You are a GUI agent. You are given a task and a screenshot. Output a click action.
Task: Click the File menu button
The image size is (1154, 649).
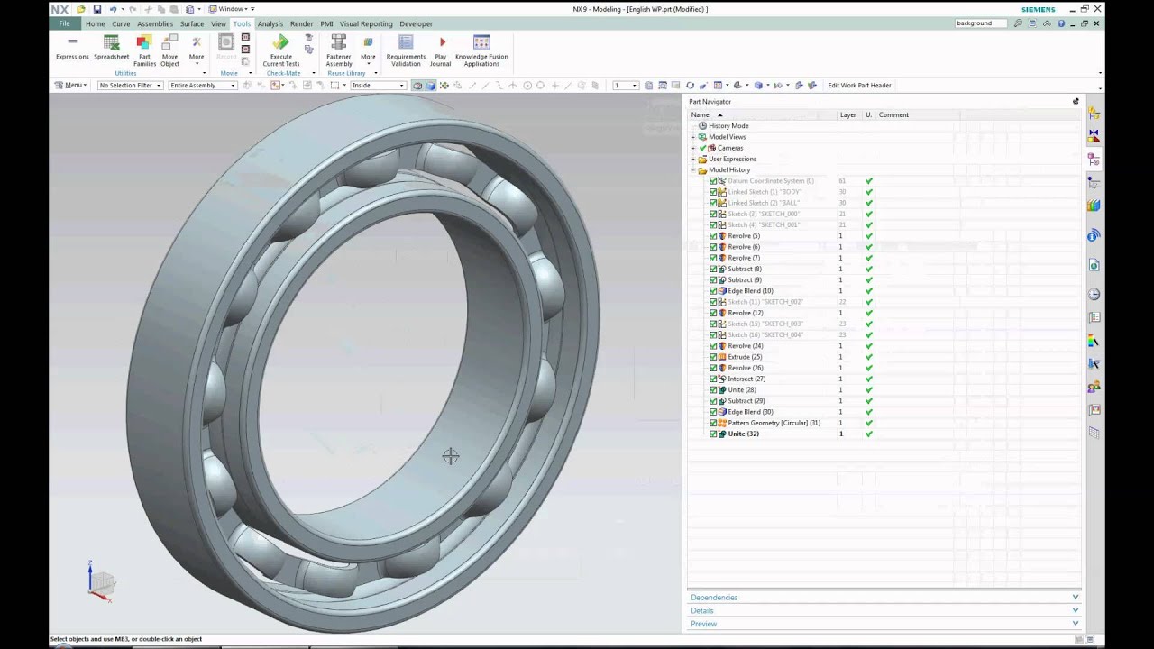(64, 23)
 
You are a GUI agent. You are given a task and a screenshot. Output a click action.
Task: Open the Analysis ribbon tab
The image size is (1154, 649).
(270, 23)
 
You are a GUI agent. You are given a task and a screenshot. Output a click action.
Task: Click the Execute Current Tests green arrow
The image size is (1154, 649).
(280, 42)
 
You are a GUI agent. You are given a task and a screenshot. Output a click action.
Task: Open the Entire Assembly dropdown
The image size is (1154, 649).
(202, 86)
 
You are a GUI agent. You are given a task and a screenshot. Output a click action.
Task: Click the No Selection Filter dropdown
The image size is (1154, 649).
(130, 86)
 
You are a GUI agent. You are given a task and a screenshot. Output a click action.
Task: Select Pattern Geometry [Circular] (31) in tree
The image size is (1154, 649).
(774, 423)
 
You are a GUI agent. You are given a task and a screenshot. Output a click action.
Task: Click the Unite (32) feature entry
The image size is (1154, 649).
(743, 434)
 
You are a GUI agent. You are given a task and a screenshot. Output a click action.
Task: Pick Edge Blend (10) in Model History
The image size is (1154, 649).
(750, 291)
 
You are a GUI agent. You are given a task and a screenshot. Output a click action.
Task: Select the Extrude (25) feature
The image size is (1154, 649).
(745, 357)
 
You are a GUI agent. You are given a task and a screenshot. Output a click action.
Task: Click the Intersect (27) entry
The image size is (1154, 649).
(746, 379)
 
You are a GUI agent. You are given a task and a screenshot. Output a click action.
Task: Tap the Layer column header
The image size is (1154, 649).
(847, 114)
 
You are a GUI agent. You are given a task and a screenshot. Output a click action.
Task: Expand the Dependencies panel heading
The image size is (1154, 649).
(714, 598)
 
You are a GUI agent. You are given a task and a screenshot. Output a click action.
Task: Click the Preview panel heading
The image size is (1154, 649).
(703, 624)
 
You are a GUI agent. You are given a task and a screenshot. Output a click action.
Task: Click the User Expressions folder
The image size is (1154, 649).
(732, 159)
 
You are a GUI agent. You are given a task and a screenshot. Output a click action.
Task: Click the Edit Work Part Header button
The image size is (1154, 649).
(859, 86)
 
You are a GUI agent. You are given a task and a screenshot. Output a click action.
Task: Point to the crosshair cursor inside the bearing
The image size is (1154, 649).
(451, 457)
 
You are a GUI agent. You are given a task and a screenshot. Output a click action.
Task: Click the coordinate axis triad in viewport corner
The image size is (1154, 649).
(100, 581)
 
